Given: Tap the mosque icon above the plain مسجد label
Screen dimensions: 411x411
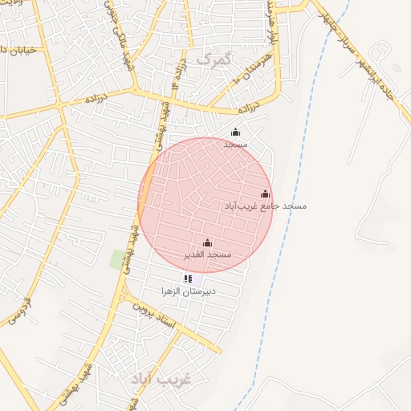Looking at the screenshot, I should pyautogui.click(x=235, y=132).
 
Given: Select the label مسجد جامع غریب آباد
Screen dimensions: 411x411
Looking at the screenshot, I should pyautogui.click(x=265, y=206).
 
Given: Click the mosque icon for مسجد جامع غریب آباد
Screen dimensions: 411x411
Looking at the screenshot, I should pyautogui.click(x=266, y=193).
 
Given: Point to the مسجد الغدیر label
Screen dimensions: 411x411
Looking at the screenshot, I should pyautogui.click(x=208, y=254).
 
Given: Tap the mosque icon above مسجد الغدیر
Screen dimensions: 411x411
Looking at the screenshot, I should pyautogui.click(x=208, y=242).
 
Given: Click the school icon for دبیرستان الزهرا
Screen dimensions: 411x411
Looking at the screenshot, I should pyautogui.click(x=188, y=279).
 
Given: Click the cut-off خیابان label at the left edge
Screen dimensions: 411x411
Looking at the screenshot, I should pyautogui.click(x=16, y=51).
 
